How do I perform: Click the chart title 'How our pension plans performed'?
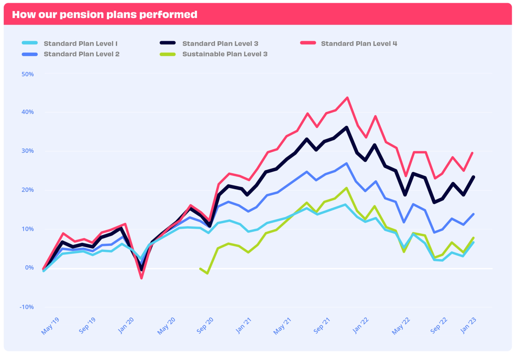click(105, 15)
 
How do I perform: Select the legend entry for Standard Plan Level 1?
click(81, 43)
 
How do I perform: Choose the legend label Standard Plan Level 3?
click(220, 43)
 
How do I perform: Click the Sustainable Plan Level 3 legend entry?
click(225, 54)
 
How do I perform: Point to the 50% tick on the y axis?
click(27, 74)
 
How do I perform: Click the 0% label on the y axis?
click(29, 268)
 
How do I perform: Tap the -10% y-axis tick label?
click(27, 307)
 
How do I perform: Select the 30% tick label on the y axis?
click(27, 151)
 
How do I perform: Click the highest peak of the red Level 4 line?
click(347, 97)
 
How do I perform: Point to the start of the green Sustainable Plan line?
click(200, 268)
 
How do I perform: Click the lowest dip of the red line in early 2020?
click(141, 278)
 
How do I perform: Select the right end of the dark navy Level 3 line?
click(473, 177)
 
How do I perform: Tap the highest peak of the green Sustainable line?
click(347, 188)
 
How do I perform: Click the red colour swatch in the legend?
click(308, 43)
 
